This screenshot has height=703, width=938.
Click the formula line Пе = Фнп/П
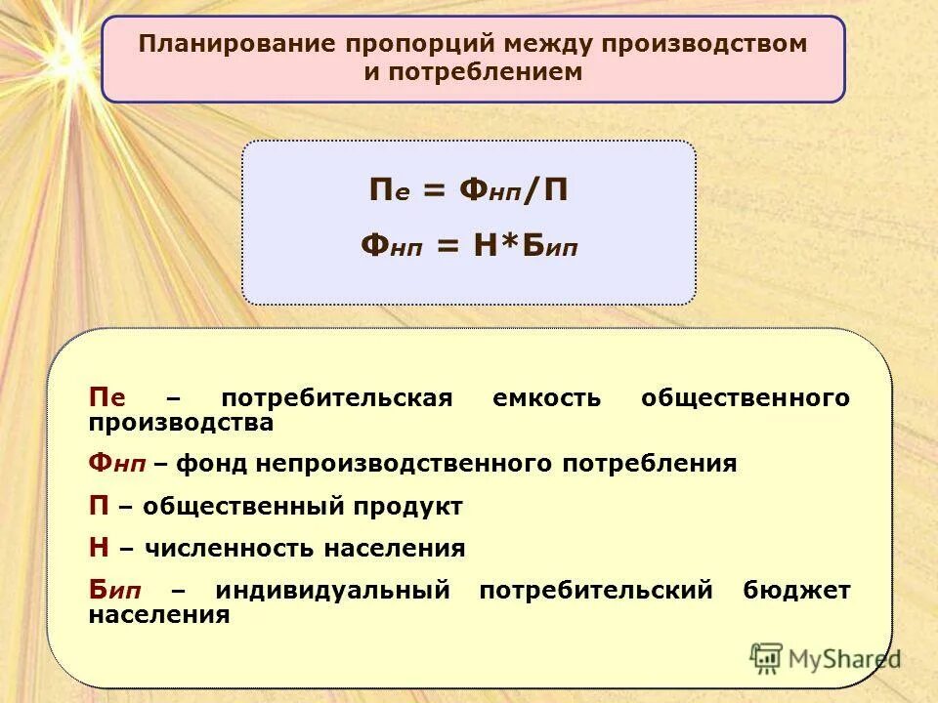click(x=468, y=191)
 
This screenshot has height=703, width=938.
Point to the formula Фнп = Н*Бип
click(x=469, y=246)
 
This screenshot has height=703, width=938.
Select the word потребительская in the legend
click(x=337, y=398)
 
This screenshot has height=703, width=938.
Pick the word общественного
click(x=745, y=398)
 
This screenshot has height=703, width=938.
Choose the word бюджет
click(x=796, y=591)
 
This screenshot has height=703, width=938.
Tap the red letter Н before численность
click(x=99, y=549)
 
